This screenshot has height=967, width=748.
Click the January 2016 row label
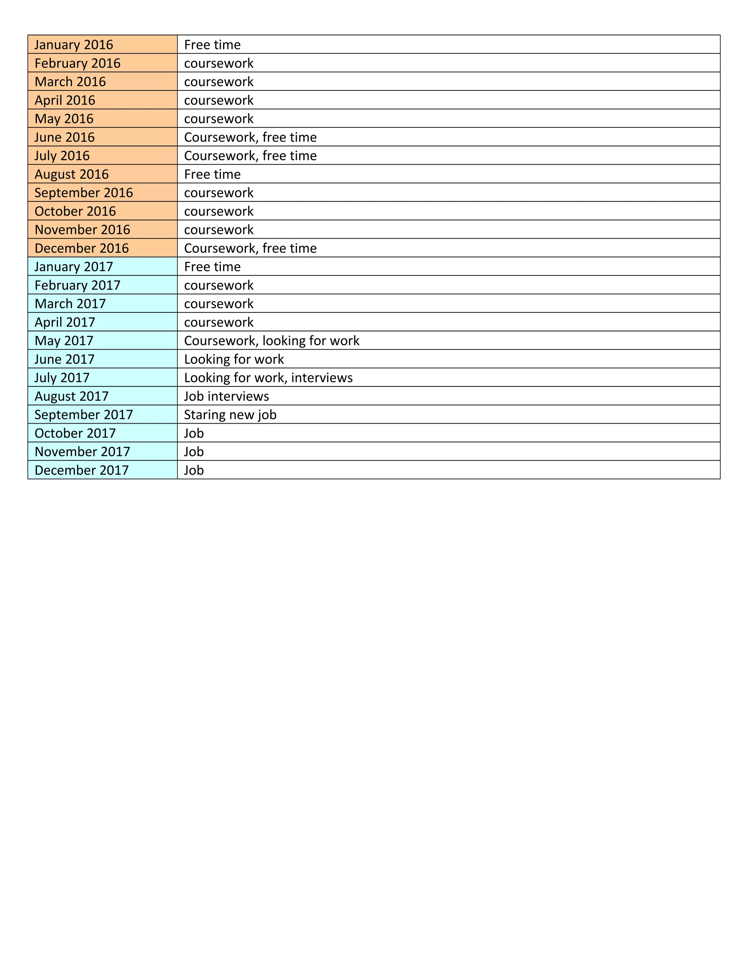click(73, 45)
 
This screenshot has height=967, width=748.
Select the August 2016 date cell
click(71, 174)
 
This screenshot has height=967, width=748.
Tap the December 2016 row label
click(81, 248)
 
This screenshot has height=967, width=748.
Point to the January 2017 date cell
click(73, 266)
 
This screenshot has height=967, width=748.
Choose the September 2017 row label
click(83, 415)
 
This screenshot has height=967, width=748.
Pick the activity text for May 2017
click(271, 340)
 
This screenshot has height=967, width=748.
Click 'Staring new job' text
click(230, 415)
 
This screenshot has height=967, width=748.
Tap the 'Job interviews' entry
click(226, 396)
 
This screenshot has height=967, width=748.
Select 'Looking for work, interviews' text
click(268, 378)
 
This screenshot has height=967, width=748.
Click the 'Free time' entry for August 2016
click(212, 174)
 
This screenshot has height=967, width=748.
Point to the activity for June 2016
click(250, 137)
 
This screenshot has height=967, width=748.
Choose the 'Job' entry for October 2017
click(194, 433)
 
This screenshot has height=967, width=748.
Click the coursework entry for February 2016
click(218, 63)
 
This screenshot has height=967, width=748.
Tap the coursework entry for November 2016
click(218, 230)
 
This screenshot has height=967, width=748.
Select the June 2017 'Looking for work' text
click(233, 359)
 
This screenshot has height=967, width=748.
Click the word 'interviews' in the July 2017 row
click(322, 378)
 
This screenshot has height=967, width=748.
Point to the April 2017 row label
click(65, 322)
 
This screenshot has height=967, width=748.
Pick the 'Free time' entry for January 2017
click(212, 266)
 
